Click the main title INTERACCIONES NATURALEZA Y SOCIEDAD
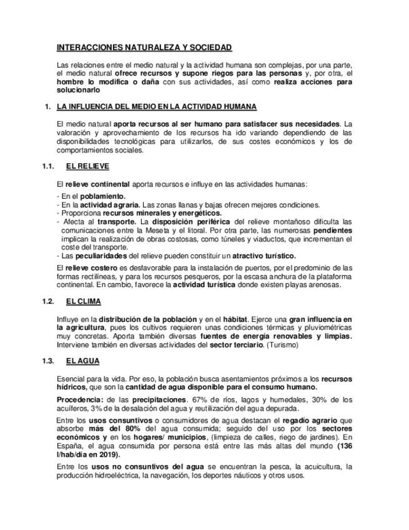click(x=144, y=47)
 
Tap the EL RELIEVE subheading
click(x=87, y=167)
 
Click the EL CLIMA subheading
click(x=84, y=302)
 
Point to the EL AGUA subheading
click(x=82, y=361)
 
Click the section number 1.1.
click(x=49, y=167)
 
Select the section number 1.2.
click(x=49, y=302)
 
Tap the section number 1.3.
click(x=49, y=361)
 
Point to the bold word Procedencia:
click(x=79, y=399)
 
